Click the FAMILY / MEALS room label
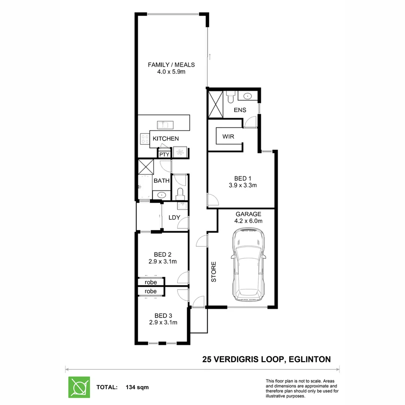tap(171, 65)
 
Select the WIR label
tap(228, 136)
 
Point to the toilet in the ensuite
tap(230, 97)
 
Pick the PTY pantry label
tap(163, 154)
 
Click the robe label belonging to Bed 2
tap(150, 282)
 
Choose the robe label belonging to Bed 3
tap(150, 291)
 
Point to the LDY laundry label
tap(174, 217)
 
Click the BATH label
tap(162, 181)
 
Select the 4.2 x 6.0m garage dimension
tap(248, 221)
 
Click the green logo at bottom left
tap(79, 387)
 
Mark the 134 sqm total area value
tap(135, 387)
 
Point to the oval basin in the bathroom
tap(162, 195)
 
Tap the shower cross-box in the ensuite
tap(215, 103)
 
